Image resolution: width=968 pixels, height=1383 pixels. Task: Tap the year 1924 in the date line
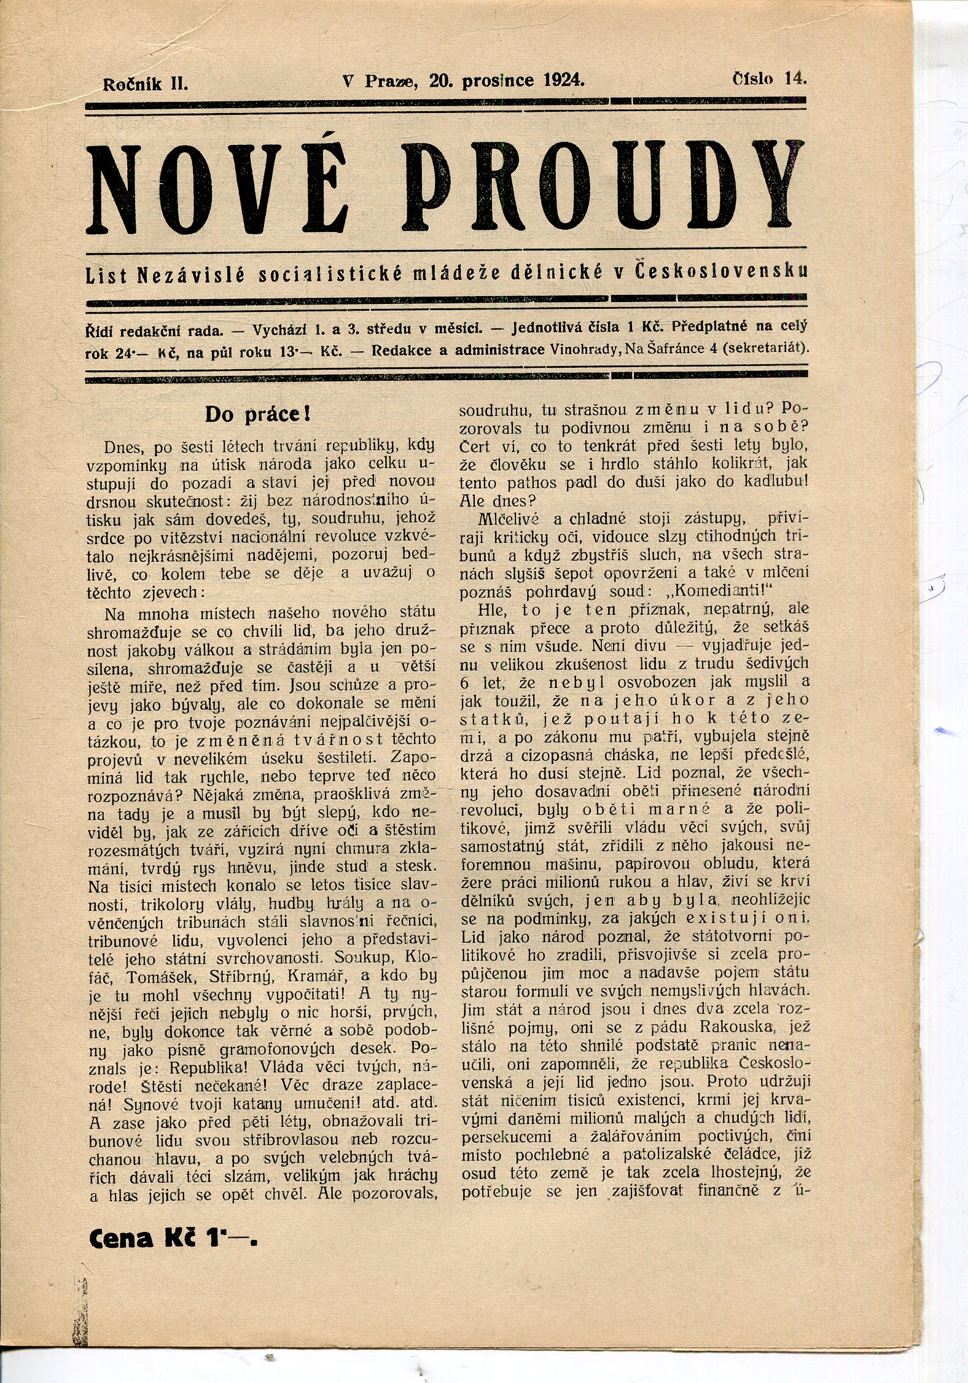pos(564,80)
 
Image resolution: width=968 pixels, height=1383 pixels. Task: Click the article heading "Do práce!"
pos(258,413)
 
